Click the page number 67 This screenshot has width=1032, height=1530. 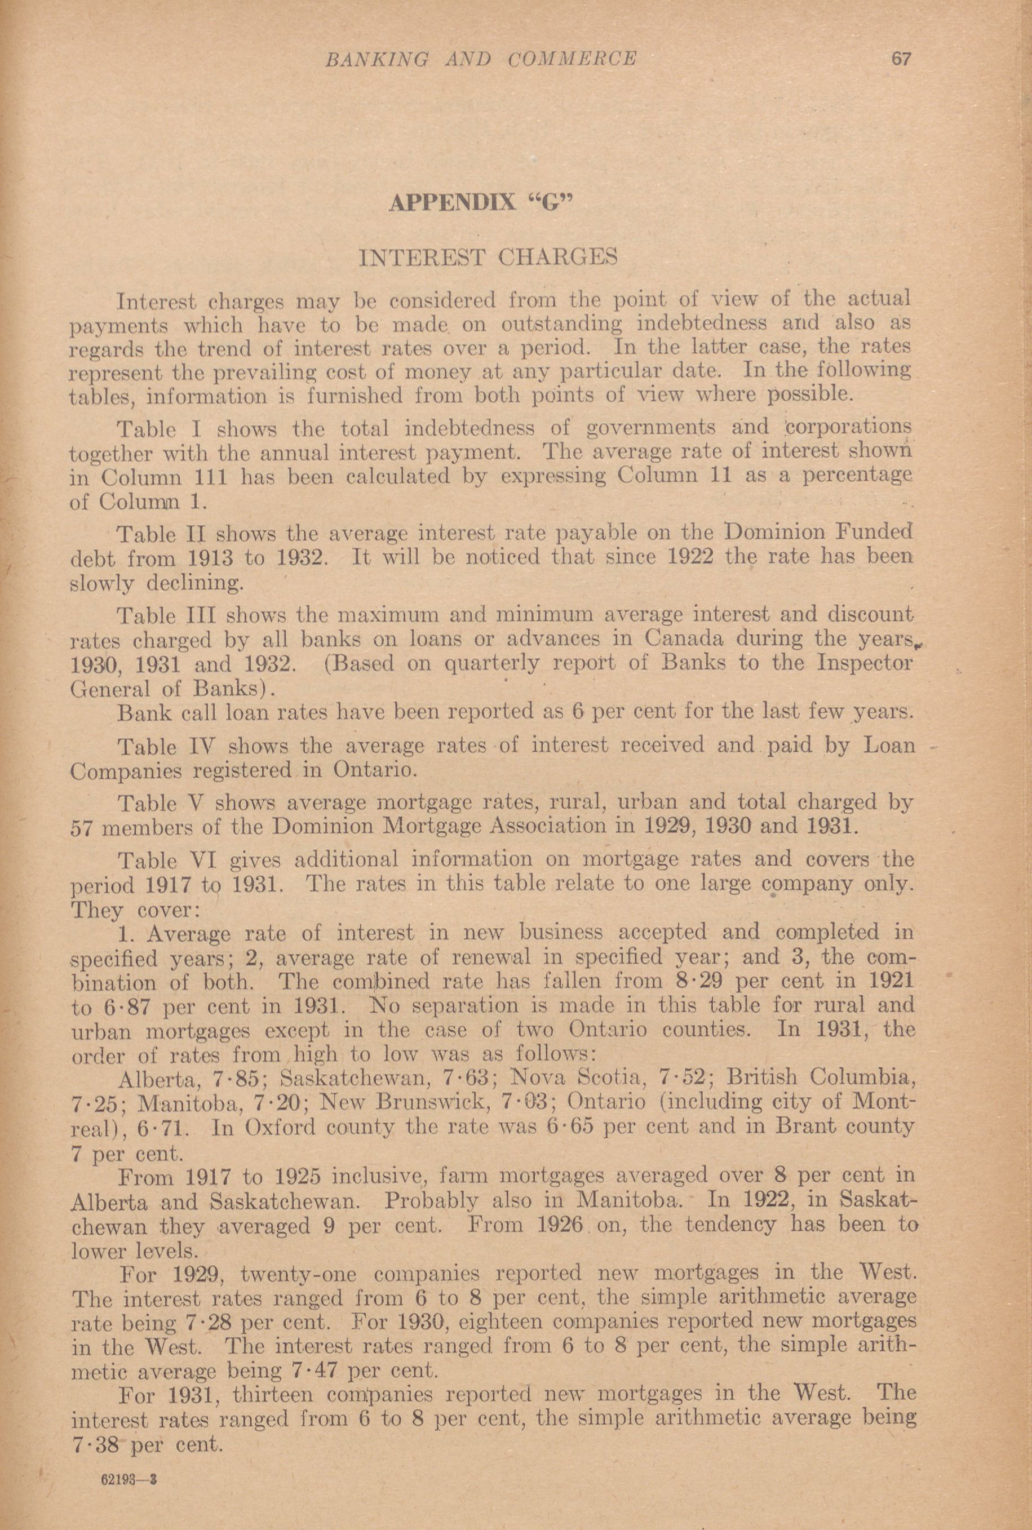click(900, 59)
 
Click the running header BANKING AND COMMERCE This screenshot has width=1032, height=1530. click(481, 59)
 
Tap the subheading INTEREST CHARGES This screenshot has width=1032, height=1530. click(487, 256)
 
